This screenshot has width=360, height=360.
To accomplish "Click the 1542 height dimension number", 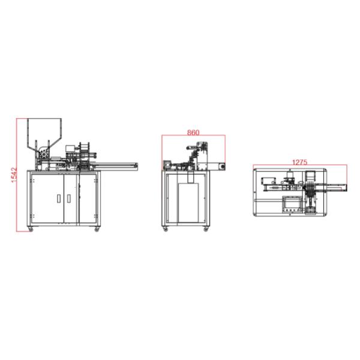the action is (14, 175).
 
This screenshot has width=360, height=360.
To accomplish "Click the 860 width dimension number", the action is (193, 133).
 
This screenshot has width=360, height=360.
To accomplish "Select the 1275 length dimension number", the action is (299, 163).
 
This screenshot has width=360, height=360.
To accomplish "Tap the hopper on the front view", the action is (44, 133).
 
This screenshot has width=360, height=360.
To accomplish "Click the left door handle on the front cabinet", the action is (59, 199).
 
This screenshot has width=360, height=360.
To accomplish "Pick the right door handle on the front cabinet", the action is (68, 199).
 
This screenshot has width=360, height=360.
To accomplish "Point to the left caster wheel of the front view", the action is (31, 229).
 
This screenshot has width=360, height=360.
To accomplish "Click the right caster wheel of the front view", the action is (97, 229).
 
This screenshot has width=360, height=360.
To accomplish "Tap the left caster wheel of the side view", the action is (166, 229).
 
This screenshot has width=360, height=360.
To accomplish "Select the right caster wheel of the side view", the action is (206, 229).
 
